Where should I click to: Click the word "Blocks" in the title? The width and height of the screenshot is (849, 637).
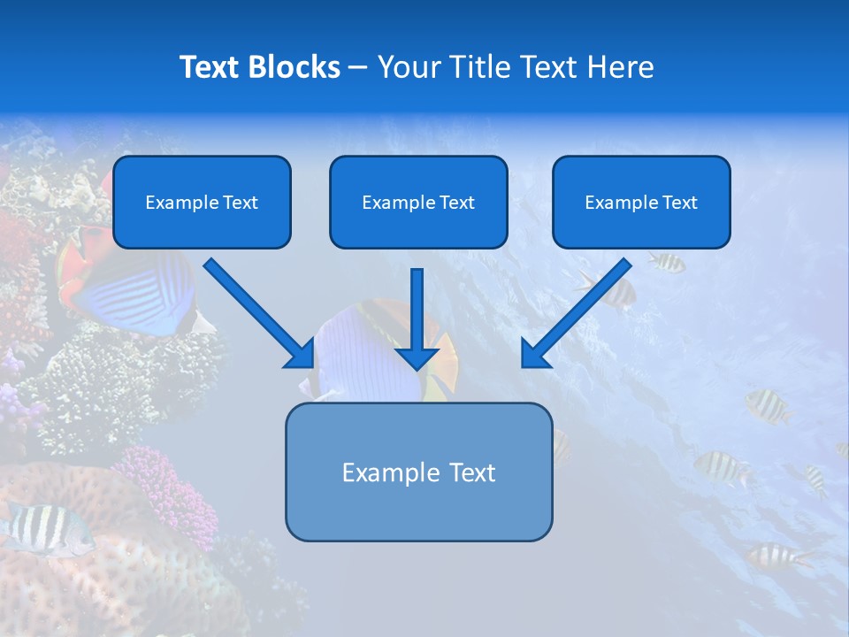click(291, 67)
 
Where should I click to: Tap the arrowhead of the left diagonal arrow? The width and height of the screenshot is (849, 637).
click(301, 354)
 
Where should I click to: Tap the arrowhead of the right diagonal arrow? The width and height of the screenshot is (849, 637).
click(536, 354)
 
